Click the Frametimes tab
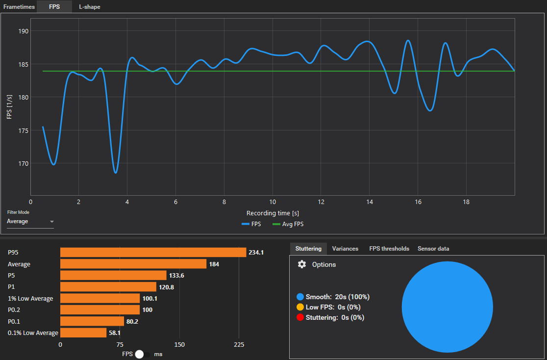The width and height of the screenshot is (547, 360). [x=19, y=7]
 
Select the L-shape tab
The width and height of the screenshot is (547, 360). [x=90, y=7]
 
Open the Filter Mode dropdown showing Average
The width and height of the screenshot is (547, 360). [x=30, y=222]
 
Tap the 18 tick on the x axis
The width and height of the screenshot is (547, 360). [x=466, y=202]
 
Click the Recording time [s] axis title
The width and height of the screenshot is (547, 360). [x=273, y=213]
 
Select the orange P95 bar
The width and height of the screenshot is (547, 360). [x=153, y=252]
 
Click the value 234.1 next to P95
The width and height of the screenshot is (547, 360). [x=256, y=253]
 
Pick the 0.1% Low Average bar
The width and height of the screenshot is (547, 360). [x=83, y=333]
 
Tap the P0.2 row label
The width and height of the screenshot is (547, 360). [x=15, y=310]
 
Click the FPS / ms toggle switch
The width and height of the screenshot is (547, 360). [x=143, y=354]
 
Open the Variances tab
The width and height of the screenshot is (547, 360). [x=345, y=249]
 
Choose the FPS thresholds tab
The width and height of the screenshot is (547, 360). [x=389, y=249]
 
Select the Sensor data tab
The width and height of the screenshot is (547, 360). [x=433, y=249]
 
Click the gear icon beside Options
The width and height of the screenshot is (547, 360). [x=302, y=264]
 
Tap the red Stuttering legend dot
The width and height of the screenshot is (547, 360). [x=300, y=317]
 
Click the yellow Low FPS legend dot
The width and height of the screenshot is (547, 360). [x=300, y=307]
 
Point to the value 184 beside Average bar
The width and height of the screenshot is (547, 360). [x=214, y=264]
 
